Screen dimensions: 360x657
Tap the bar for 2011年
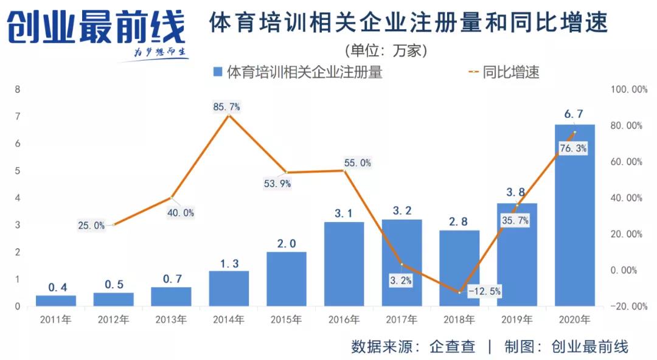coord(56,300)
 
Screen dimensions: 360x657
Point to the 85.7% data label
coord(226,106)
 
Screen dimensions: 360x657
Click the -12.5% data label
coord(484,291)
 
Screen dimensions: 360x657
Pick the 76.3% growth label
coord(573,148)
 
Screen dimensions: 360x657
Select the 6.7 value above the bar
coord(574,114)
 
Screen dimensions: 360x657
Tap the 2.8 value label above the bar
coord(459,221)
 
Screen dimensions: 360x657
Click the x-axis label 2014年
coord(229,320)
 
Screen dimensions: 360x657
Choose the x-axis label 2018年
coord(459,320)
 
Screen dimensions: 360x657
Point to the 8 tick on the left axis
coord(17,89)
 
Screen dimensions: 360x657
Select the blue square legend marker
coord(218,72)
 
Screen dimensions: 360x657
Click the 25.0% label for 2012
coord(91,226)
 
